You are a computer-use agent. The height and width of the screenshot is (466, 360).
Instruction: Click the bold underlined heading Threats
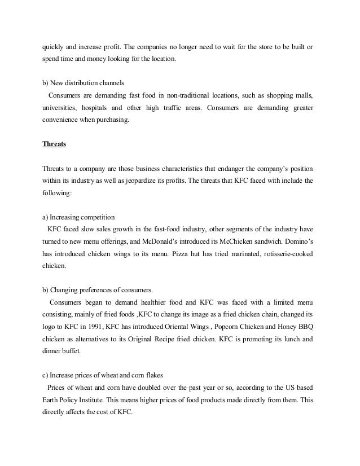coord(54,143)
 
